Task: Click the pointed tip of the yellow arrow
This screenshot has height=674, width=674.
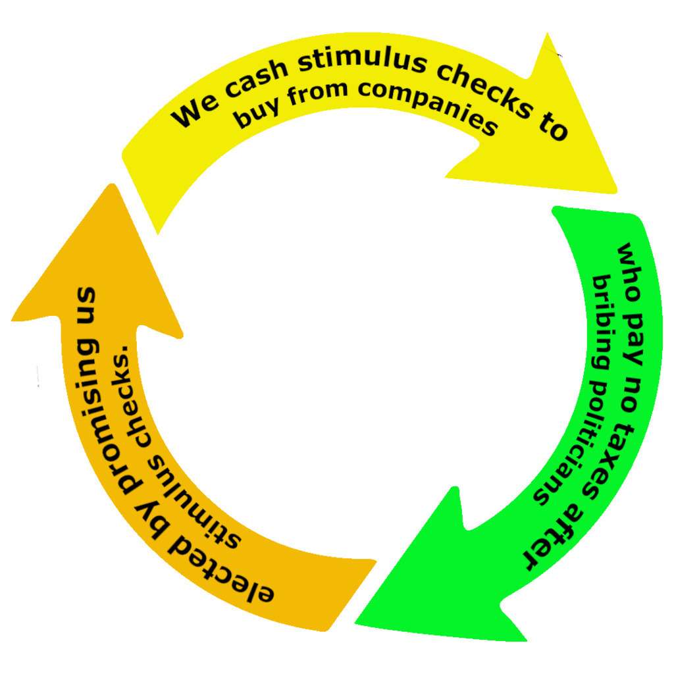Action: [x=616, y=192]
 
